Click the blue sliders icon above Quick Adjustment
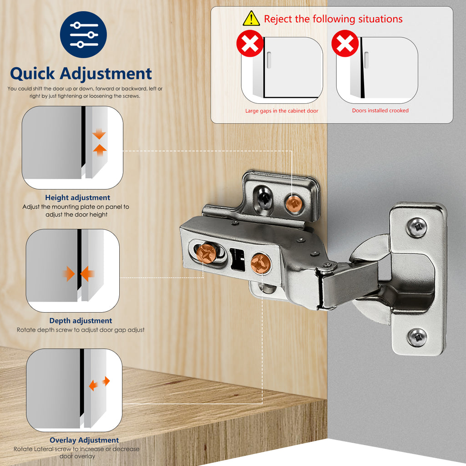83,35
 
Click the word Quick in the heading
32,73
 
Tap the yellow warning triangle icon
251,19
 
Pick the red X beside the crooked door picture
345,44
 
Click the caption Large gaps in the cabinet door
282,111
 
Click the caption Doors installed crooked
380,111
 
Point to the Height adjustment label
77,198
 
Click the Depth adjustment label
81,320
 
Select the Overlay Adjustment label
84,440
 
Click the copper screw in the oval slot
207,253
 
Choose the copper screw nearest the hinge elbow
260,264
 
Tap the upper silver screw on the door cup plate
416,227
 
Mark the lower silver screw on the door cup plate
416,337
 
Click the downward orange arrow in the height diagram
99,135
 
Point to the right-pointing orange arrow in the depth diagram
68,274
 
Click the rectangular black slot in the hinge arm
237,258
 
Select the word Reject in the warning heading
278,19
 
